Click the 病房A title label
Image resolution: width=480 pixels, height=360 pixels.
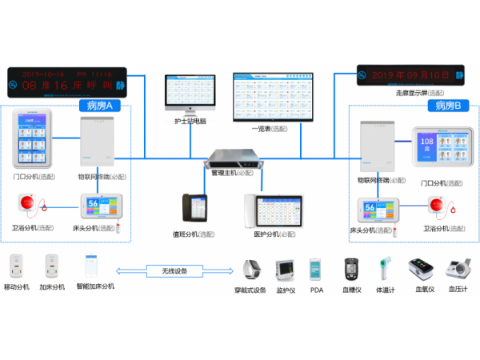pyautogui.click(x=98, y=106)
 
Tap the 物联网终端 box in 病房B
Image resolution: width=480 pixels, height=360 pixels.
pyautogui.click(x=377, y=147)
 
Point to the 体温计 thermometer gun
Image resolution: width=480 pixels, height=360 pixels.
pyautogui.click(x=385, y=270)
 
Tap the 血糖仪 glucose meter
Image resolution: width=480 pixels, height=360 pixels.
pyautogui.click(x=352, y=270)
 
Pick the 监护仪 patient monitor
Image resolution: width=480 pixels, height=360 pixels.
pyautogui.click(x=286, y=270)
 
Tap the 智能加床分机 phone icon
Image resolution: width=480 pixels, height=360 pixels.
pyautogui.click(x=90, y=266)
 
